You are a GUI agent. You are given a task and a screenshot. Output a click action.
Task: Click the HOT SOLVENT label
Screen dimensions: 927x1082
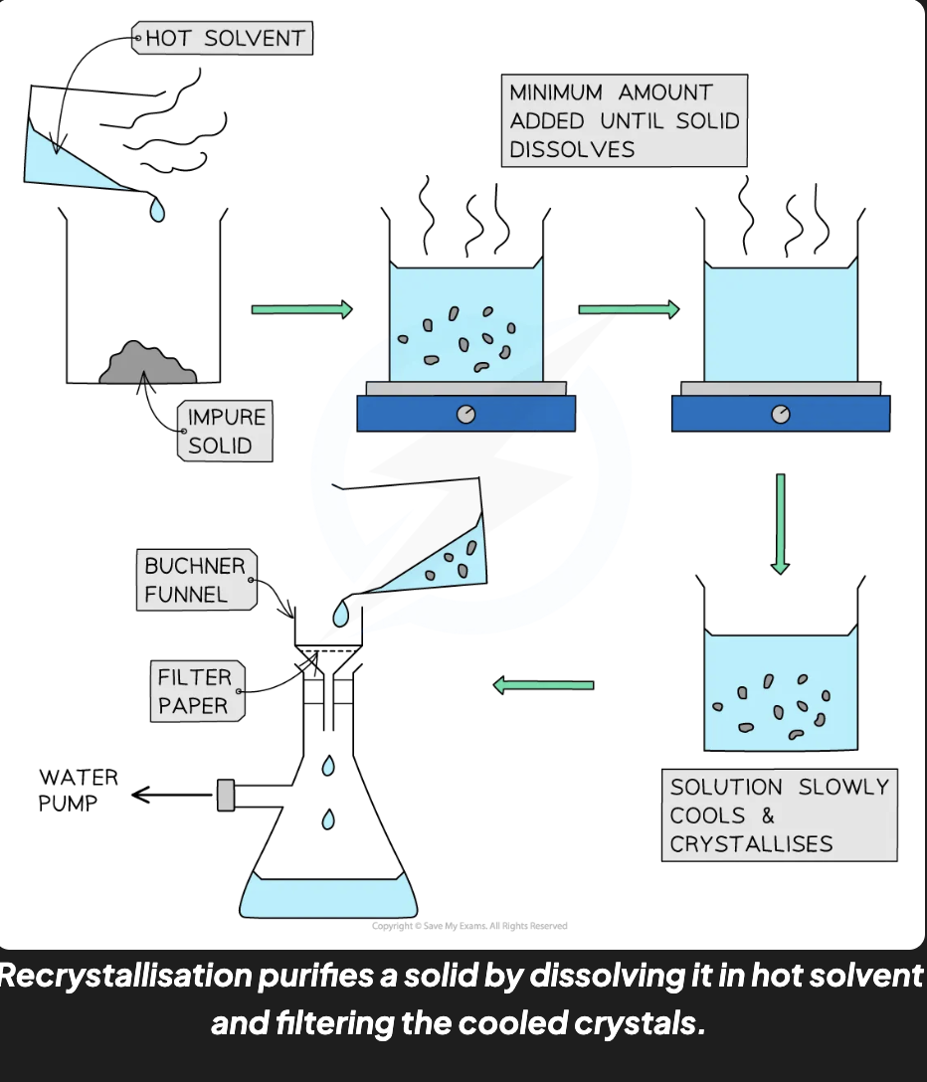(222, 38)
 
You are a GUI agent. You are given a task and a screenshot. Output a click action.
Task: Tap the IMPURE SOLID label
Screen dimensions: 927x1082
(225, 432)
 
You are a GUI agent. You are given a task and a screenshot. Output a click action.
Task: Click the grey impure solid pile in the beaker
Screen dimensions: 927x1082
(148, 363)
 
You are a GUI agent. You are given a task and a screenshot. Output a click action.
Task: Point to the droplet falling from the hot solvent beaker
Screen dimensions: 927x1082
(157, 209)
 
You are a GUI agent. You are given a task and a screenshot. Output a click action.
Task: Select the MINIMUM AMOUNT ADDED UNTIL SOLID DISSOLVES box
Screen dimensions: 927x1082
(624, 120)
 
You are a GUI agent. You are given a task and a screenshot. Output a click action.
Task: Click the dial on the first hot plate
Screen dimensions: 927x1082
(465, 414)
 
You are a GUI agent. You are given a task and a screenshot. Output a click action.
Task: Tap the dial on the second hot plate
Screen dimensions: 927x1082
(781, 414)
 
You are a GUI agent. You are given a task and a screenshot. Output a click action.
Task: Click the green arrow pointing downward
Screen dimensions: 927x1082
(780, 524)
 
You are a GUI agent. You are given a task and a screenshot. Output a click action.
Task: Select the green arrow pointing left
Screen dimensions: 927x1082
(543, 685)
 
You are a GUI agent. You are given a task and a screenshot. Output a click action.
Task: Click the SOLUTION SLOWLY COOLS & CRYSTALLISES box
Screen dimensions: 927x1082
(779, 814)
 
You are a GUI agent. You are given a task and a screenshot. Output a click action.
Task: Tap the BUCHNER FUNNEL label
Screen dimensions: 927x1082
(197, 580)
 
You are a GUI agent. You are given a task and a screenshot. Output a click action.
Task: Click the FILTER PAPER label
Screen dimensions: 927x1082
(197, 691)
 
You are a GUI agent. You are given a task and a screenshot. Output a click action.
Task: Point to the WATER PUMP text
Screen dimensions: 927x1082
(78, 790)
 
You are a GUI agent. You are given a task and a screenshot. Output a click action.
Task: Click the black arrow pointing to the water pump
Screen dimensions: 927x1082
(172, 795)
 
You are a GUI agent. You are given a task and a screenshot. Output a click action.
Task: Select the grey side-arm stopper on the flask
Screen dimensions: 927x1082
(226, 795)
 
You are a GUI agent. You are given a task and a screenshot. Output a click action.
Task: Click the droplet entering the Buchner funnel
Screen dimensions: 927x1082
(340, 613)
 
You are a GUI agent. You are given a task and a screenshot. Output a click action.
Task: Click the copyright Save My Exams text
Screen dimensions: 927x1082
(469, 926)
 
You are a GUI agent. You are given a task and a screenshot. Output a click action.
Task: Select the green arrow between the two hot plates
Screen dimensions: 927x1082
(629, 309)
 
